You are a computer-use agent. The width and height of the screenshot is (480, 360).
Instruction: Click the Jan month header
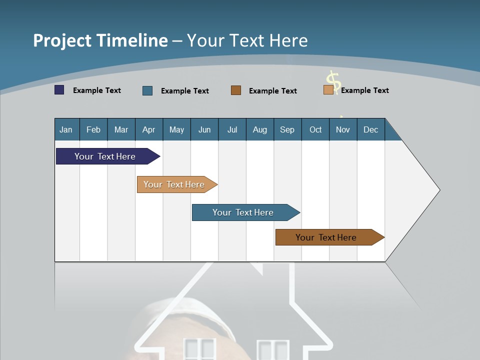[x=66, y=129]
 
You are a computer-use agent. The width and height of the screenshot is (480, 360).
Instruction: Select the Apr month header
[x=149, y=129]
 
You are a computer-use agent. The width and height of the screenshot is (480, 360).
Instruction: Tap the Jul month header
[x=232, y=129]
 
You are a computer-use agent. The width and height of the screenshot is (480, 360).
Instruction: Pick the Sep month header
[x=287, y=129]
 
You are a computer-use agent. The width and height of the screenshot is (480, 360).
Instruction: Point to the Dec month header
[x=370, y=129]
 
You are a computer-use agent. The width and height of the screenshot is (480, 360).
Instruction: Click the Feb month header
[x=93, y=129]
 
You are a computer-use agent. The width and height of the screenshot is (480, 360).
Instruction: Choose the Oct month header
[x=315, y=129]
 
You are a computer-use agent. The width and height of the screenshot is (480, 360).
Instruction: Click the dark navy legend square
[x=59, y=90]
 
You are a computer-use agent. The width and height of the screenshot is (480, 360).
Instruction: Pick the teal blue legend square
[x=147, y=90]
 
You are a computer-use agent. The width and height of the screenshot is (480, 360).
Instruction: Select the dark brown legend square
[x=236, y=90]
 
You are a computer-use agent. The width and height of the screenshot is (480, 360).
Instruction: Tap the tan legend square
[x=328, y=90]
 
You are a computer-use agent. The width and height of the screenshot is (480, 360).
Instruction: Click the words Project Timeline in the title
[x=100, y=40]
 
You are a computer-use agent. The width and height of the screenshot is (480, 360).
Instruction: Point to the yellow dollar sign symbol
[x=333, y=81]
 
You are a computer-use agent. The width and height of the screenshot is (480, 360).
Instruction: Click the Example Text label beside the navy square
[x=97, y=90]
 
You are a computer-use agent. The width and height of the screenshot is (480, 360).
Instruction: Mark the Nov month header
[x=343, y=129]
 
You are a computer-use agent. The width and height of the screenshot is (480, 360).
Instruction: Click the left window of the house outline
[x=199, y=349]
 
